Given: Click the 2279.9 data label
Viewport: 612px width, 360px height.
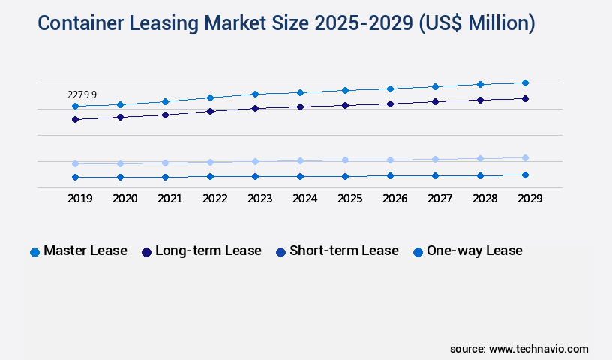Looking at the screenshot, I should point(82,94).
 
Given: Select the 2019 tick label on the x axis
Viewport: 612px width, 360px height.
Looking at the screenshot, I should point(79,199).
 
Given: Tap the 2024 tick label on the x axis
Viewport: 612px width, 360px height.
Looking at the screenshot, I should point(304,199).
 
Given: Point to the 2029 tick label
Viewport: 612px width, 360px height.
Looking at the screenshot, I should point(529,199).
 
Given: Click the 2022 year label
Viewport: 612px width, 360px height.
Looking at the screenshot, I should point(214,199).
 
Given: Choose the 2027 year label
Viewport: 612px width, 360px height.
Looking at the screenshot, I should point(439,199).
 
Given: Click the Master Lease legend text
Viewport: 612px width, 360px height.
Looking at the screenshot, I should point(85,250).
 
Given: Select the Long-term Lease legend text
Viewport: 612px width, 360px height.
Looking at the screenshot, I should point(208,250).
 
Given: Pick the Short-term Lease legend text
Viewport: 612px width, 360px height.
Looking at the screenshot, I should point(343,250).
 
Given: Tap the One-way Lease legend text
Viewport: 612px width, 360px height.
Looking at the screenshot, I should point(474,250).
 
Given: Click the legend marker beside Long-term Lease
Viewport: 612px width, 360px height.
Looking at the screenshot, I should point(146,252).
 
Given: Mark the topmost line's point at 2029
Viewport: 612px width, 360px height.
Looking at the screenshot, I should point(525,82).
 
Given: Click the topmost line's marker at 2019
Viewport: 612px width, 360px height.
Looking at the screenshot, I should point(75,106).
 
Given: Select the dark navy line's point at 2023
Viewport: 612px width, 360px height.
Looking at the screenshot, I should point(255,108).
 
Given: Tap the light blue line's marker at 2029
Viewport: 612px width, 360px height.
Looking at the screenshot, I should point(525,157).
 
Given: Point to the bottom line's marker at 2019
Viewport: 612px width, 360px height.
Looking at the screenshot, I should point(75,177).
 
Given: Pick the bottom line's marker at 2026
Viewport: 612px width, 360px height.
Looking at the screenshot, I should point(390,175).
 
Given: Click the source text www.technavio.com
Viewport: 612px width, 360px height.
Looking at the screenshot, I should point(538,349).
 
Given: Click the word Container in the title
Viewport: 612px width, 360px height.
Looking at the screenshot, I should point(82,23).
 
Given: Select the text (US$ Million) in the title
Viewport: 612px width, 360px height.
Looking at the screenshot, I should point(475,23).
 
